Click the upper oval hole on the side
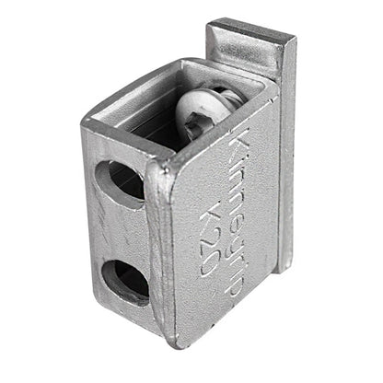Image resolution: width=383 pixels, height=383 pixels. (120, 180)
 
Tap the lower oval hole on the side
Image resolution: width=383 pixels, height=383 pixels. (124, 277)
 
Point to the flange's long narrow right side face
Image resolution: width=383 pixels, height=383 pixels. (287, 147)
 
